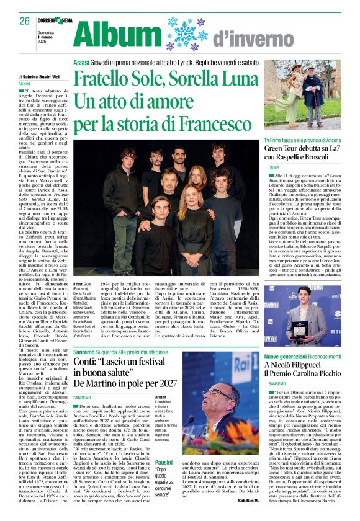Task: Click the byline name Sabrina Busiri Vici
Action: coord(44,76)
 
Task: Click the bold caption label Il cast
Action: coord(79,283)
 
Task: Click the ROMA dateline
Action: coord(274,168)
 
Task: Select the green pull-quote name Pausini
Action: coord(164,462)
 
